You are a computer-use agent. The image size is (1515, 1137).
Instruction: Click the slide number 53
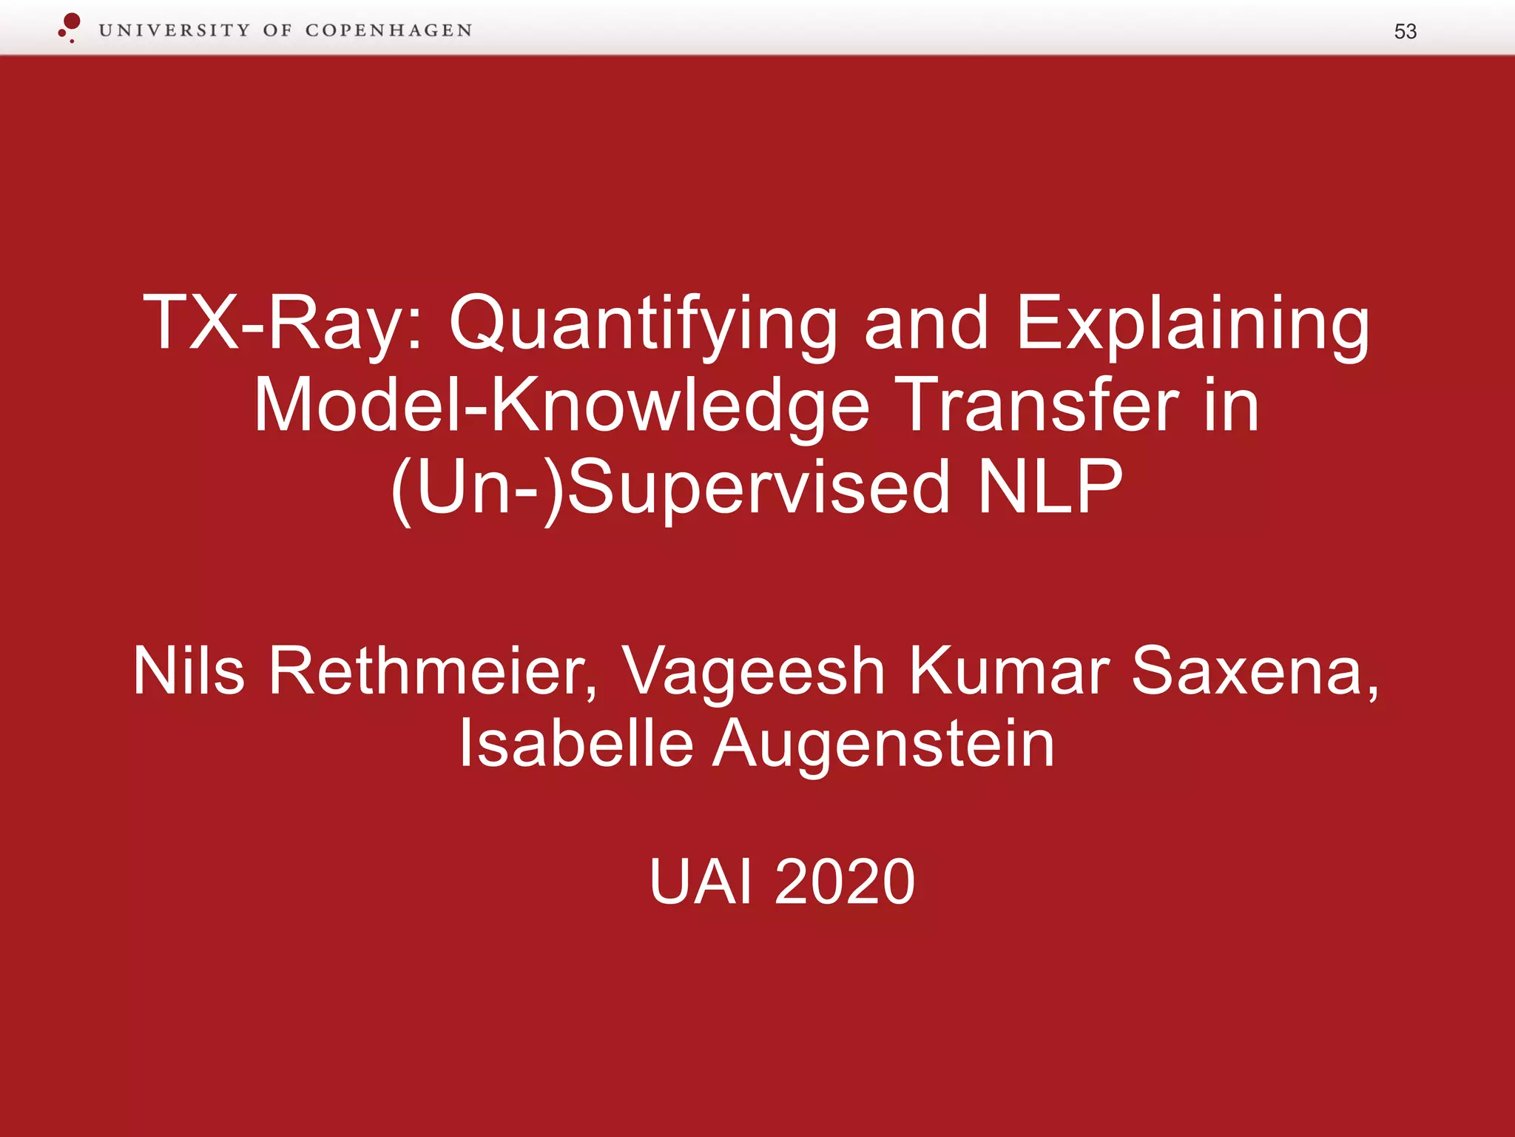1405,31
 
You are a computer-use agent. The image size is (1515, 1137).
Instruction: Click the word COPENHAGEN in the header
388,30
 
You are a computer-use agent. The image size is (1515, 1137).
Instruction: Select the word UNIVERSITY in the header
175,30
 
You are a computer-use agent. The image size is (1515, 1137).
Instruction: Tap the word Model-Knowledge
561,406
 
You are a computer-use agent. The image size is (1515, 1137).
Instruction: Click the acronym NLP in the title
1050,487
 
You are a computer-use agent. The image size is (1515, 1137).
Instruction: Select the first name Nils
189,671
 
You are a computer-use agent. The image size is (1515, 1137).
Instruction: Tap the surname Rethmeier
432,672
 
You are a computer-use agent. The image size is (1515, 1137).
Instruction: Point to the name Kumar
1008,671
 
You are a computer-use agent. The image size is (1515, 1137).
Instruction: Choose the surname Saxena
1255,672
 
